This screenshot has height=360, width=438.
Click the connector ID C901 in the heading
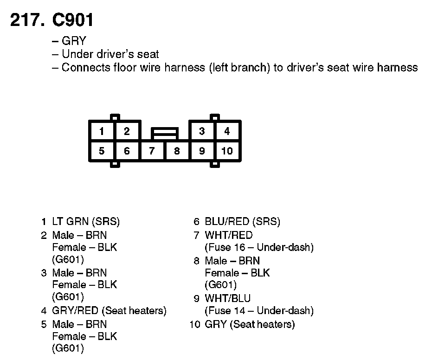(73, 20)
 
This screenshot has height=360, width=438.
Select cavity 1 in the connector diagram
(102, 131)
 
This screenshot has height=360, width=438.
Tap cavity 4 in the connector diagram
(227, 131)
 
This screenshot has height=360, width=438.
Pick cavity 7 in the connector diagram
(152, 151)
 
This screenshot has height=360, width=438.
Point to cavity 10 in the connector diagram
(227, 151)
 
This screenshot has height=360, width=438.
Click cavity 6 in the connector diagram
(127, 151)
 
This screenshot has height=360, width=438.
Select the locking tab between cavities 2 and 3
(164, 134)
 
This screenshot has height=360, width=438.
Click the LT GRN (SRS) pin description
(86, 222)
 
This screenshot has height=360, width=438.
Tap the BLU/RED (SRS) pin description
(242, 222)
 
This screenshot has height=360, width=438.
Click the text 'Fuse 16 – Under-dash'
(259, 247)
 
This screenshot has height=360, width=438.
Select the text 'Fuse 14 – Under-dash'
(259, 310)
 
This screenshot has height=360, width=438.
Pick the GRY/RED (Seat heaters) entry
(109, 310)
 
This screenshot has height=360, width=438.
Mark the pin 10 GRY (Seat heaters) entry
(250, 324)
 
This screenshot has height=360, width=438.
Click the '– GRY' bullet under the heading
(69, 41)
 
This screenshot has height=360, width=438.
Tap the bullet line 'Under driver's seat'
(106, 54)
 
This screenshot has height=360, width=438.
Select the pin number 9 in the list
(197, 298)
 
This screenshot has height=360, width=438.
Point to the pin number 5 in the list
(44, 324)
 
